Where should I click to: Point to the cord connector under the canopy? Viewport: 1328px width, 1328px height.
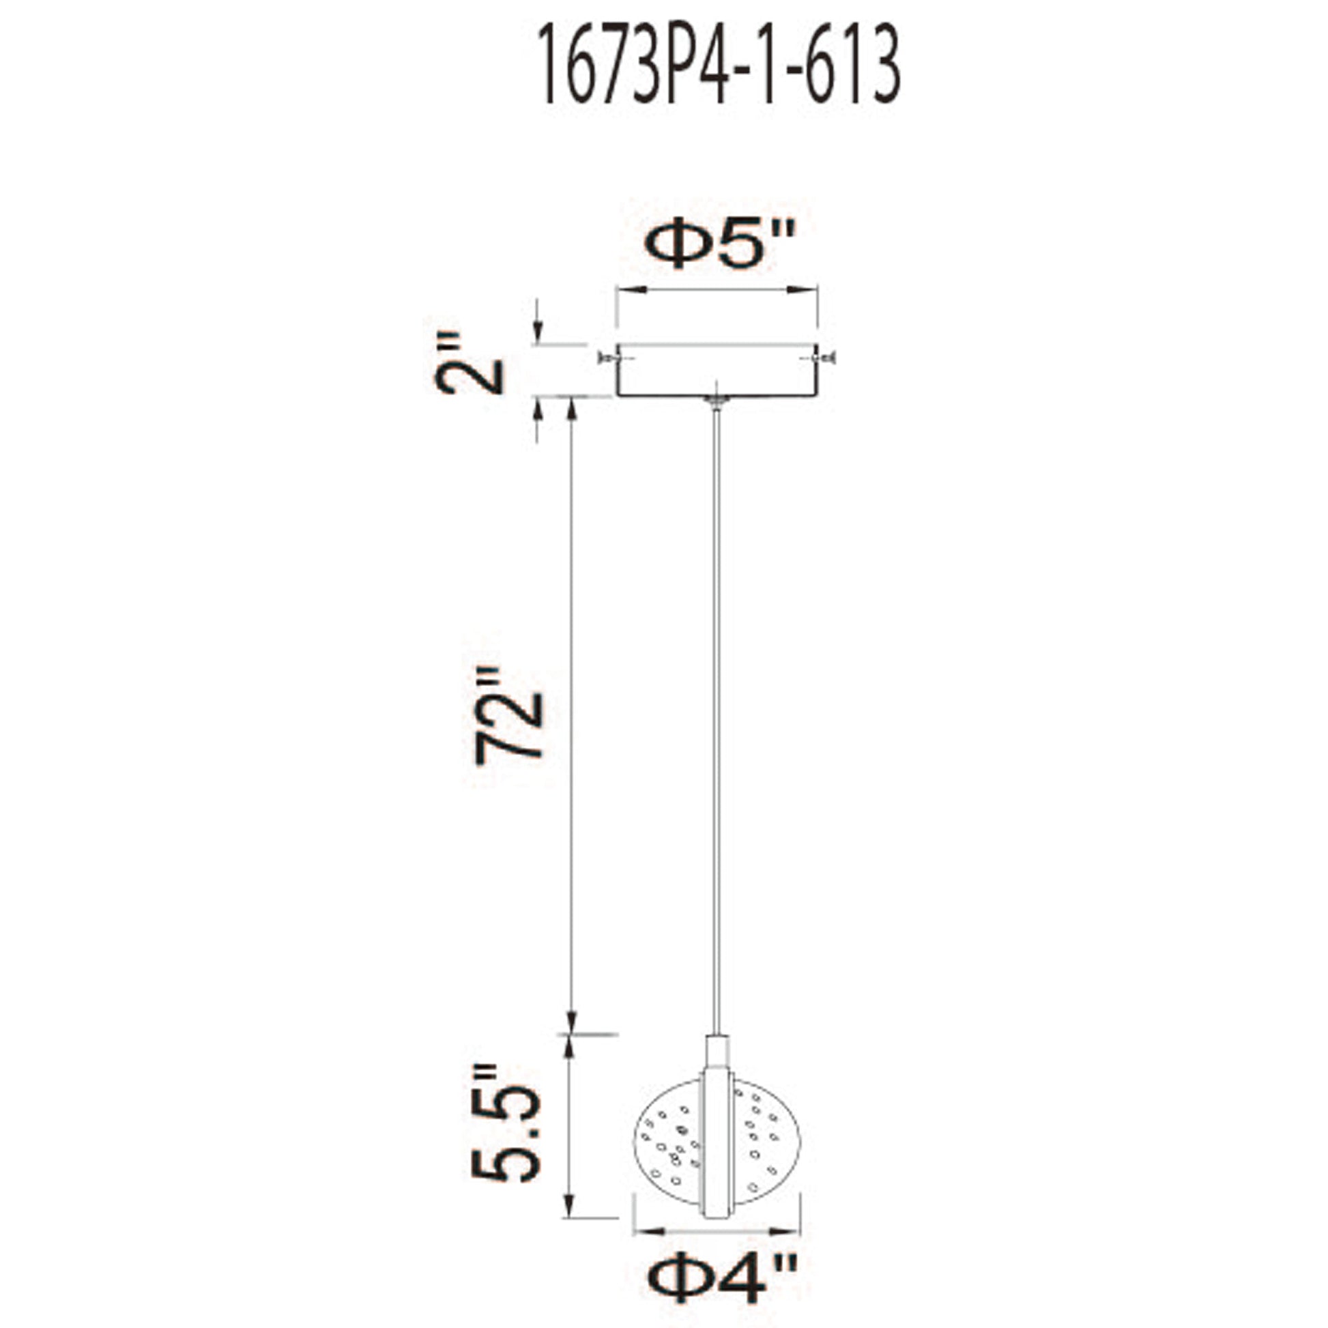pos(717,403)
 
